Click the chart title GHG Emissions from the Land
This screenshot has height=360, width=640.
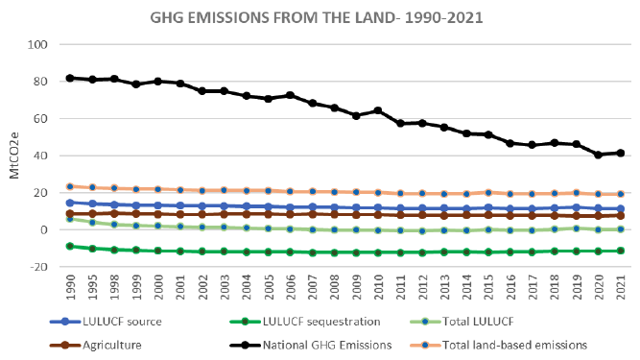[x=317, y=17]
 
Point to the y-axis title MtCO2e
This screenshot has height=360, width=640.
[x=14, y=156]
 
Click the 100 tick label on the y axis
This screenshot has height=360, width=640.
[x=37, y=44]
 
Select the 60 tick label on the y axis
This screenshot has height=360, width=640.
[x=40, y=118]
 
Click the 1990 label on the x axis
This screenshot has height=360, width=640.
[x=71, y=287]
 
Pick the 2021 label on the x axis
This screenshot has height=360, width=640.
[x=621, y=287]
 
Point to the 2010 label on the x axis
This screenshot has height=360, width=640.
[x=378, y=287]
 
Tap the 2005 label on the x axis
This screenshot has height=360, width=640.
[x=268, y=287]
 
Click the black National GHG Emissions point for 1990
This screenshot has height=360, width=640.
[x=70, y=78]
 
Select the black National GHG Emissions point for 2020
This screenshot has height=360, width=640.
[x=599, y=155]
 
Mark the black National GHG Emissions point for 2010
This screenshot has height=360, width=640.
[x=378, y=110]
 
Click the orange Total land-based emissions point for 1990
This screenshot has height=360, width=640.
[x=70, y=186]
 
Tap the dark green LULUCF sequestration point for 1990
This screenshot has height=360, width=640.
[x=70, y=246]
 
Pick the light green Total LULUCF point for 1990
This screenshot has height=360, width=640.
[x=70, y=219]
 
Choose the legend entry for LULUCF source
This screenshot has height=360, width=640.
[x=106, y=322]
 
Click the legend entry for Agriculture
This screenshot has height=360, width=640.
[x=96, y=346]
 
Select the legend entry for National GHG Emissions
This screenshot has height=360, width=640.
[x=311, y=346]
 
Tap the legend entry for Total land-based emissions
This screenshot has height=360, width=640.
[x=498, y=346]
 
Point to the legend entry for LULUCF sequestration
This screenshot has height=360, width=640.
[x=305, y=322]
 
